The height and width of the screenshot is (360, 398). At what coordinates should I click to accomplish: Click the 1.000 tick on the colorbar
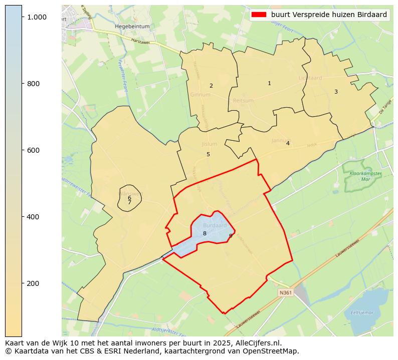(36, 17)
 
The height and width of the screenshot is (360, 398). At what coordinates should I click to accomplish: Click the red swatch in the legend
(259, 15)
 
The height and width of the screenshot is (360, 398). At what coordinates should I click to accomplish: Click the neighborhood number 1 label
(269, 83)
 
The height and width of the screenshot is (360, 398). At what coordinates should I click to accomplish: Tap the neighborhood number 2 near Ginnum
(211, 86)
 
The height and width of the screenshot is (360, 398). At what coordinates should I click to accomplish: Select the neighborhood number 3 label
(336, 92)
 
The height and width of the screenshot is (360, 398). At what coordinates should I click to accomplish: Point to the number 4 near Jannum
(288, 143)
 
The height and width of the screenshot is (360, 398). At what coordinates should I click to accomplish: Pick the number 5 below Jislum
(208, 154)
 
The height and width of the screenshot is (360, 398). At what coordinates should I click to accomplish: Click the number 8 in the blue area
(205, 234)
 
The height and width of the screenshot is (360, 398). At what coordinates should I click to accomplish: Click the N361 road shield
(285, 292)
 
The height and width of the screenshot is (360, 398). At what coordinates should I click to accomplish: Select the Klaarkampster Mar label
(364, 176)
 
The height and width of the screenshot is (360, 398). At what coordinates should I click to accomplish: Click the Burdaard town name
(215, 226)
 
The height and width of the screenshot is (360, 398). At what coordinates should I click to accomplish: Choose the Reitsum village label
(243, 101)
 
